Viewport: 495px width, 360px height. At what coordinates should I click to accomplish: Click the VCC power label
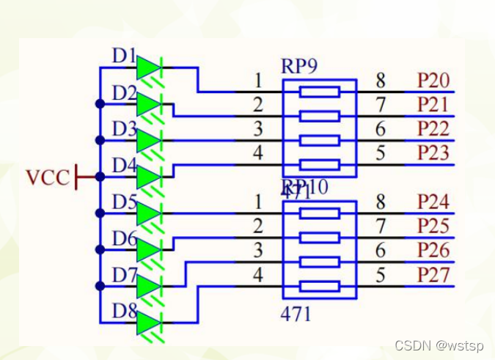[x=48, y=177]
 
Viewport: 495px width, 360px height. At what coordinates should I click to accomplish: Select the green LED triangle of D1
[x=148, y=67]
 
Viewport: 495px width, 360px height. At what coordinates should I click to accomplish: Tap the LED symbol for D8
[x=148, y=323]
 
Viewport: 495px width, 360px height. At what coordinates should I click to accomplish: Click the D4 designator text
[x=124, y=166]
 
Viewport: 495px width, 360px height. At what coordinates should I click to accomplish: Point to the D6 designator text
[x=124, y=238]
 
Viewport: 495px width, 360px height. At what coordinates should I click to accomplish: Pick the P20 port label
[x=433, y=81]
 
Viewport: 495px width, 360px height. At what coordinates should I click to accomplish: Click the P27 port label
[x=433, y=276]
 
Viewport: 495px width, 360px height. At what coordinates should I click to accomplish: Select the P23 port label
[x=433, y=153]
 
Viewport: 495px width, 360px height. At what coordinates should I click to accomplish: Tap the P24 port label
[x=433, y=202]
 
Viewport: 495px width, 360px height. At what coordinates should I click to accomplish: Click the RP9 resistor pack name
[x=299, y=66]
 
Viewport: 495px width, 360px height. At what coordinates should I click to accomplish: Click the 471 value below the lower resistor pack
[x=296, y=314]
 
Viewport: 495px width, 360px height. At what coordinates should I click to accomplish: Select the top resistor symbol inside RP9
[x=320, y=92]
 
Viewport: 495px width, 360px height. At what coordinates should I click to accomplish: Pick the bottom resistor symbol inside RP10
[x=320, y=286]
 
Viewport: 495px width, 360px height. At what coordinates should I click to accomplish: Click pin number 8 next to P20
[x=381, y=81]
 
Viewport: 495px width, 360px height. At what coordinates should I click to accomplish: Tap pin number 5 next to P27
[x=381, y=276]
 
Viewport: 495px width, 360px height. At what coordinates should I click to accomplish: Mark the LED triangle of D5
[x=148, y=213]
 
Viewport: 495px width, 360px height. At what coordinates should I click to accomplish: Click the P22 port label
[x=433, y=129]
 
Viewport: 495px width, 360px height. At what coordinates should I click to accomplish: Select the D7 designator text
[x=124, y=275]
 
